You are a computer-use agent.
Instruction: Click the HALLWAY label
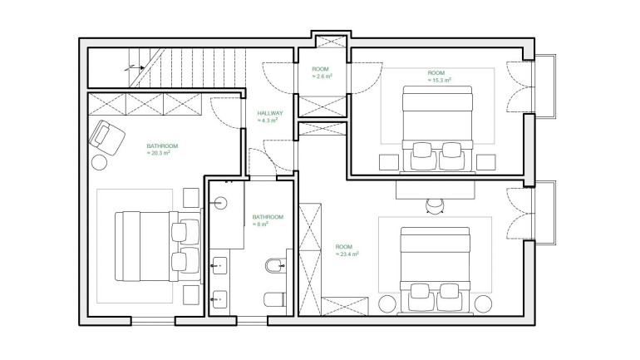coord(270,113)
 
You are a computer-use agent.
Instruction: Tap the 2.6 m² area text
coord(322,76)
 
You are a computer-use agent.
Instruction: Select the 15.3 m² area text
coord(439,81)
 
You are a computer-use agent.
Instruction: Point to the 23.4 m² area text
coord(347,254)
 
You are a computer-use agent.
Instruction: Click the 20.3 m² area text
coord(158,153)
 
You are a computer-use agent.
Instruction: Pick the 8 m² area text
coord(260,224)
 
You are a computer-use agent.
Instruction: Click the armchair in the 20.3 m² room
coord(106,137)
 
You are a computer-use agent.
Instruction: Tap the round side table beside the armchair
coord(99,162)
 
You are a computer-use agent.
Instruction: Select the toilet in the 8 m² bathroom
coord(274,300)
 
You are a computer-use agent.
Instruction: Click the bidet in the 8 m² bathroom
coord(275,267)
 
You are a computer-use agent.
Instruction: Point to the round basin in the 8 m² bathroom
coord(220,203)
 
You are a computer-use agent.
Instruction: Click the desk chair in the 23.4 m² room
coord(435,206)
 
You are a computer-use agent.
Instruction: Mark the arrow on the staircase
coord(135,67)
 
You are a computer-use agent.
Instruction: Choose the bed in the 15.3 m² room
coord(437,128)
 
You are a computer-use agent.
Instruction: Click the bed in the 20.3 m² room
coord(159,246)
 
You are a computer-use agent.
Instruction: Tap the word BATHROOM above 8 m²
coord(268,217)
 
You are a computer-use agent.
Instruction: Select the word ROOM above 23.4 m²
coord(343,247)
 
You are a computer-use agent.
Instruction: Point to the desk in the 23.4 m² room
coord(435,190)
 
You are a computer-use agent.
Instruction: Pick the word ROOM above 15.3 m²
coord(436,73)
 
